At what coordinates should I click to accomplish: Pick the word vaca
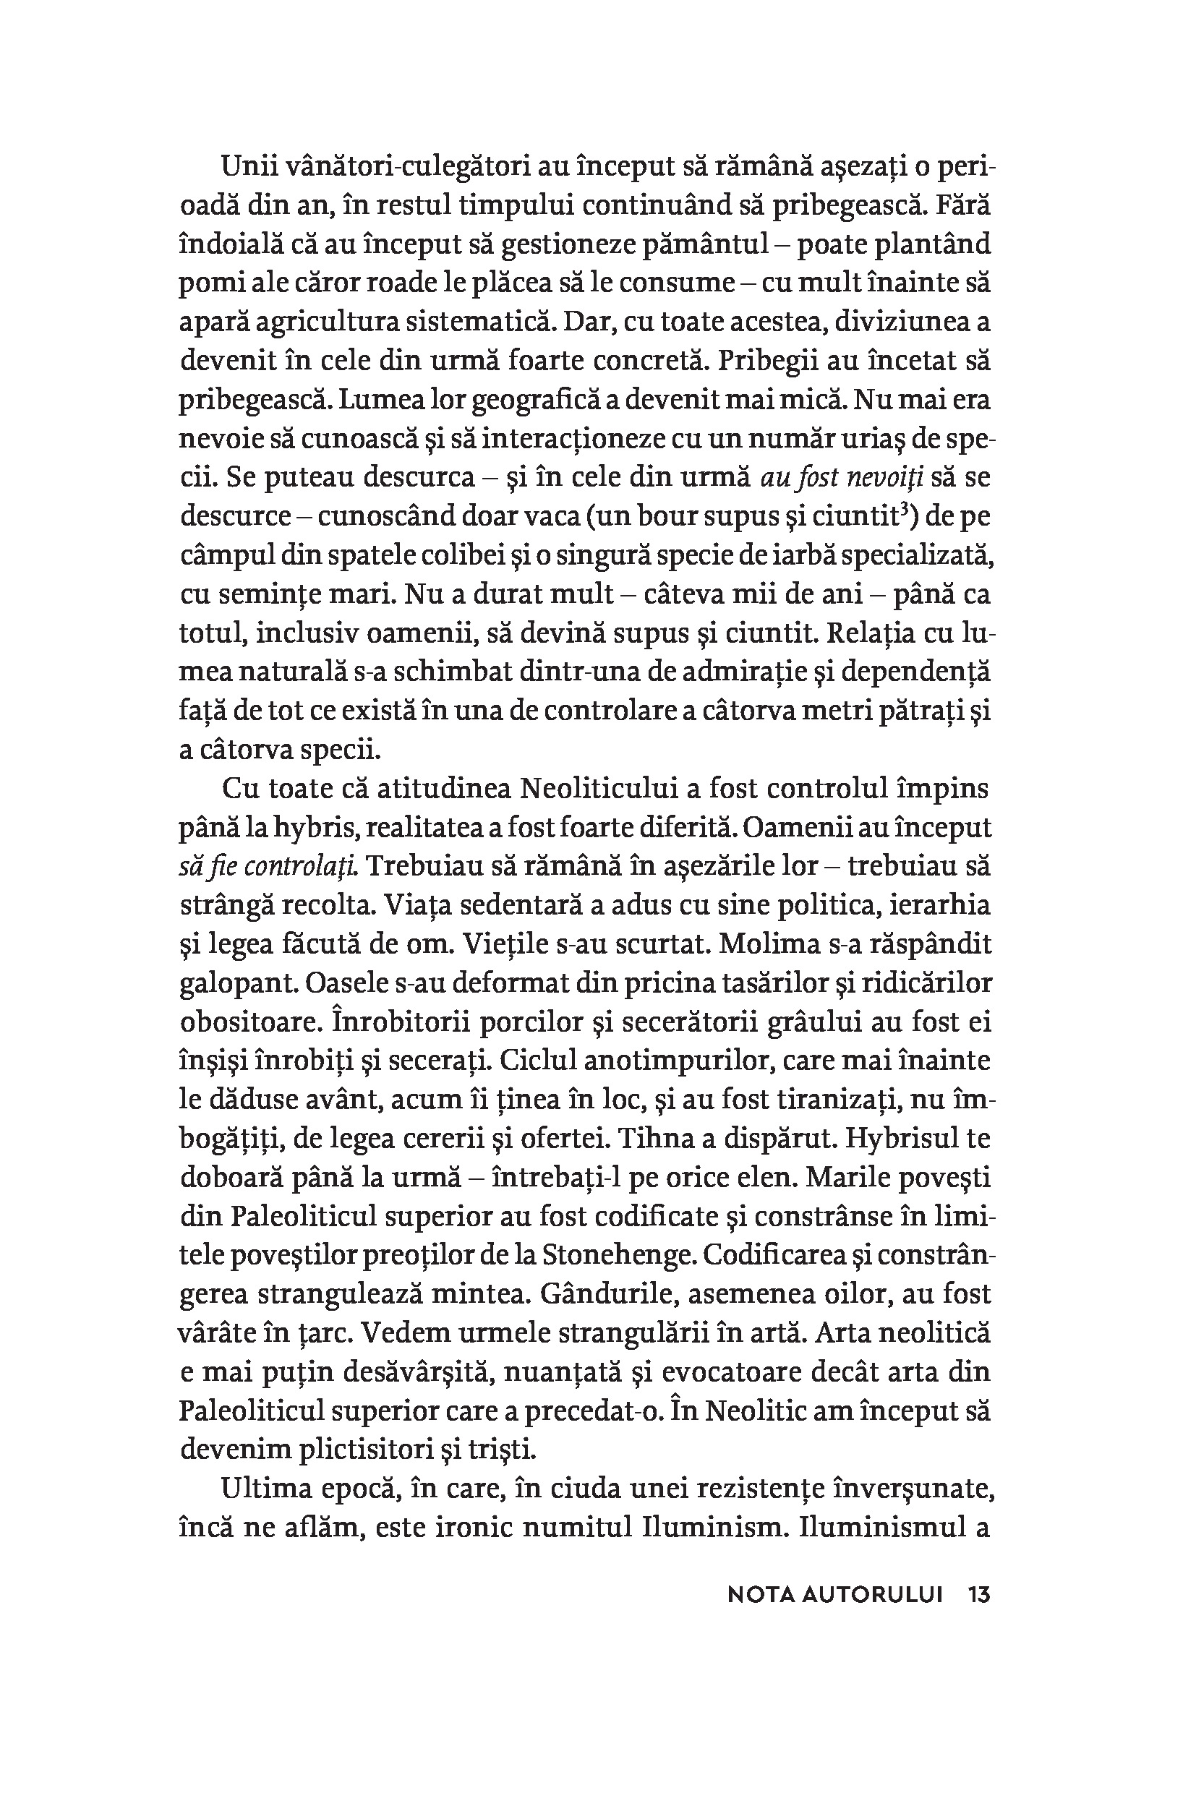click(548, 516)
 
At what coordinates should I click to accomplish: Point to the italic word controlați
click(312, 866)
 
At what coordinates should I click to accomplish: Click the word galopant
click(237, 983)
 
